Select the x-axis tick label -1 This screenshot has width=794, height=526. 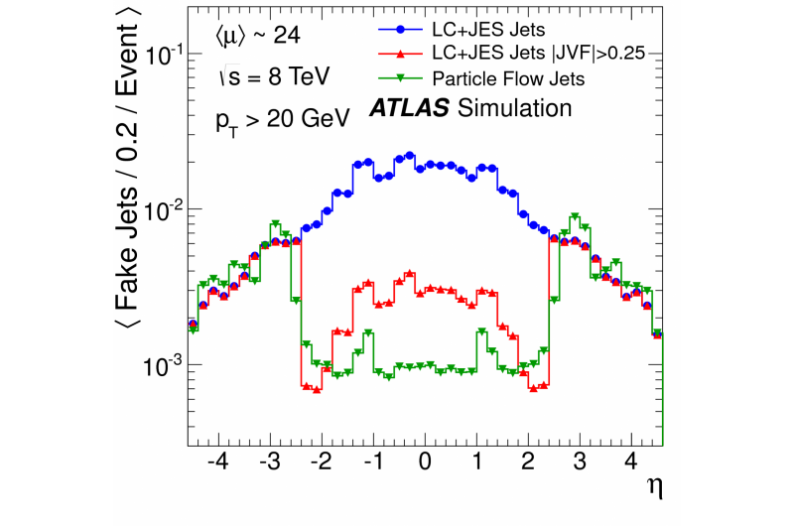pyautogui.click(x=371, y=463)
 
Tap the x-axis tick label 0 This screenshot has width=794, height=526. pyautogui.click(x=425, y=463)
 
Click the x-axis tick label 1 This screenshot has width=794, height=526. pyautogui.click(x=476, y=463)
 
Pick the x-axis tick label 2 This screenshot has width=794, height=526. pyautogui.click(x=528, y=463)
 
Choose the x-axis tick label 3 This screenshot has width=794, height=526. pyautogui.click(x=580, y=463)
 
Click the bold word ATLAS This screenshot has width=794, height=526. pyautogui.click(x=406, y=108)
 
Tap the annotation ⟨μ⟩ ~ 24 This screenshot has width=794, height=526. pyautogui.click(x=257, y=38)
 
